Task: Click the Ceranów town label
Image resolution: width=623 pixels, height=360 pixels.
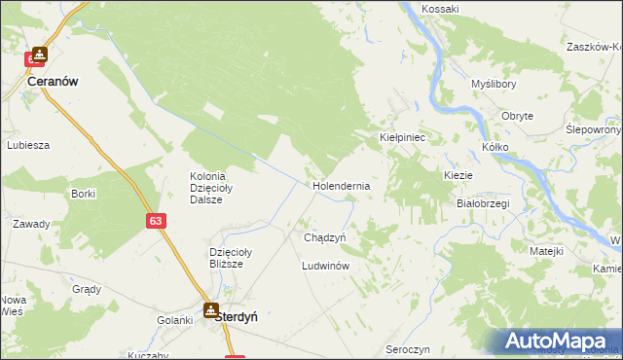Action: [x=52, y=83]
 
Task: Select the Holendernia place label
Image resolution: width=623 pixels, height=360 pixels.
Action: [x=340, y=185]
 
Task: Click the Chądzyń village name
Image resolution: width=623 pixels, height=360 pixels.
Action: [x=325, y=237]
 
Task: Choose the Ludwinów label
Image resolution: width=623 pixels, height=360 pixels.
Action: [x=325, y=265]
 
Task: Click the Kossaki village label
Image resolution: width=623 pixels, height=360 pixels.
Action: [x=440, y=8]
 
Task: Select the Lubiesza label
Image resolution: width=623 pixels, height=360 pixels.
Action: [x=28, y=145]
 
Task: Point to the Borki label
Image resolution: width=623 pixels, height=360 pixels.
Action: [x=83, y=194]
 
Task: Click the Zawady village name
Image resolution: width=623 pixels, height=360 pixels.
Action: [x=31, y=224]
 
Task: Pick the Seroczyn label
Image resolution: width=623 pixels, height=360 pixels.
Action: [x=408, y=349]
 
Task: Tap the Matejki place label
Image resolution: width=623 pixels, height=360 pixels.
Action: [x=547, y=251]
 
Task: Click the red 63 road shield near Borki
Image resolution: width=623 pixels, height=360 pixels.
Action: [x=156, y=222]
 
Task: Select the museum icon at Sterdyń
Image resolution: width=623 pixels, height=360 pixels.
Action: [x=211, y=310]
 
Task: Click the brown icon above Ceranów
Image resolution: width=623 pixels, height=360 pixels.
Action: [x=39, y=56]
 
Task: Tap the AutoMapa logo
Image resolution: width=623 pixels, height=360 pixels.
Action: [x=560, y=341]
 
